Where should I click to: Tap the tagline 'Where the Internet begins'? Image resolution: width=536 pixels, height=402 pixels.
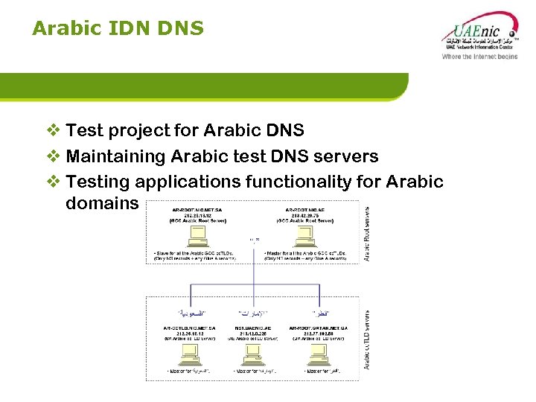(479, 57)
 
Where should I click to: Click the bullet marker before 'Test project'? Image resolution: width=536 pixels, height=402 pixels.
(54, 131)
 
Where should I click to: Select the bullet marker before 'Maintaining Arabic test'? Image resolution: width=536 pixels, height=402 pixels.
(54, 156)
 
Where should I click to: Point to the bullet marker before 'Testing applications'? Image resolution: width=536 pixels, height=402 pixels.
(54, 182)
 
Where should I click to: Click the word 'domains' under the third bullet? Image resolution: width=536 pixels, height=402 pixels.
(102, 202)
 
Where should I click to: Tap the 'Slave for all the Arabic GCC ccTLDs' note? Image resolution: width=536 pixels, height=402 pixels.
(198, 253)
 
